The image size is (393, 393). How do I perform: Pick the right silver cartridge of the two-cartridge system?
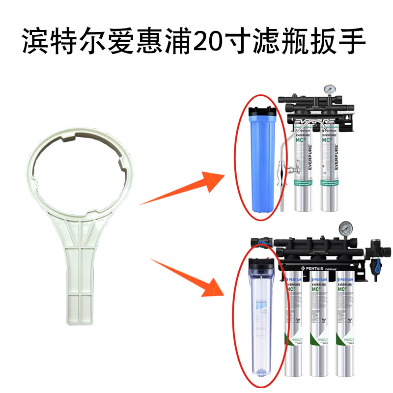pyautogui.click(x=330, y=167)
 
